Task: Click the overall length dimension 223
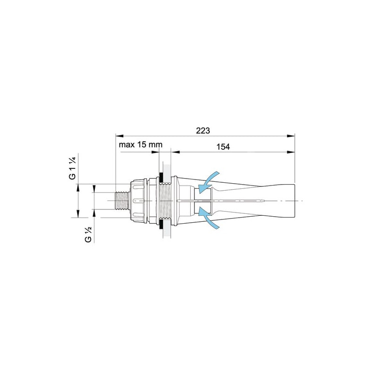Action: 203,131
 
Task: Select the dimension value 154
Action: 223,147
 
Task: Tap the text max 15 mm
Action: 141,145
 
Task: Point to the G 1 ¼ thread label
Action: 73,168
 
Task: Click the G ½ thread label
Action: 88,234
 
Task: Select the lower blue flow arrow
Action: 208,218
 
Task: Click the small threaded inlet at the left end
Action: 121,201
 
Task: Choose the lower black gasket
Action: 161,224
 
